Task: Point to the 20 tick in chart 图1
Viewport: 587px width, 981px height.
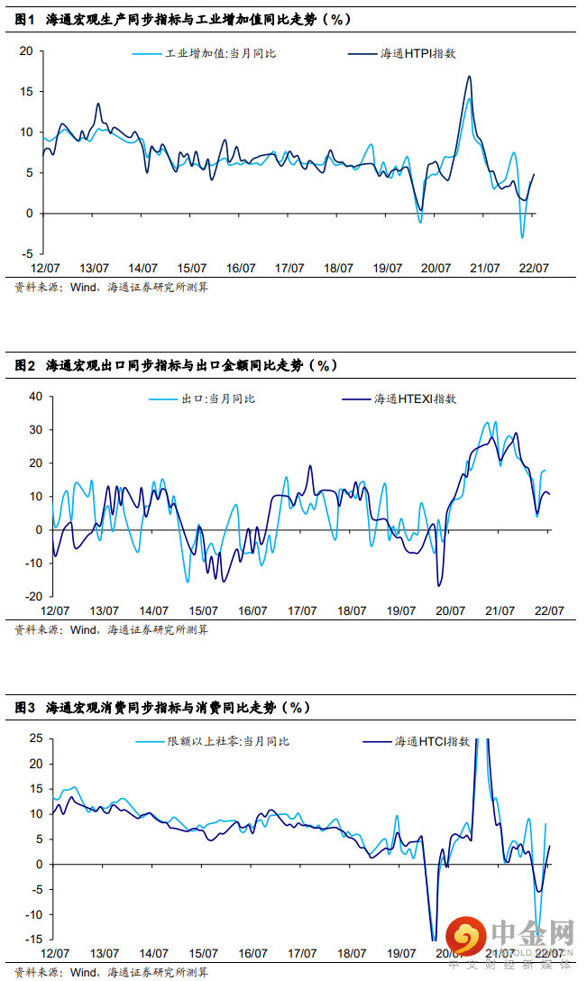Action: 26,51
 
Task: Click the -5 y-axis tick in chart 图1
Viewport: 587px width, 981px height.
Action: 27,254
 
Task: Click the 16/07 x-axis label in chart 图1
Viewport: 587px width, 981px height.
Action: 241,269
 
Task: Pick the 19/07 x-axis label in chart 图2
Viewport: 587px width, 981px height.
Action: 401,610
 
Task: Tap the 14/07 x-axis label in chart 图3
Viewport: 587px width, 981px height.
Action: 153,953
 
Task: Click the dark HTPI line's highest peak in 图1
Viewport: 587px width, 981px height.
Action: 469,77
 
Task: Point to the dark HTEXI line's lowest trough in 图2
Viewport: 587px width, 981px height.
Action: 439,586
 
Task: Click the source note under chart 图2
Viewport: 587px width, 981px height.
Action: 112,630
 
